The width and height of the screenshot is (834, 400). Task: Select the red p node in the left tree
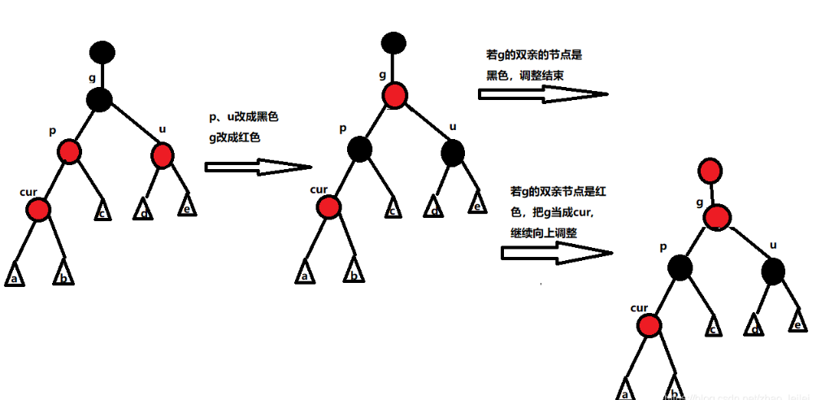point(69,152)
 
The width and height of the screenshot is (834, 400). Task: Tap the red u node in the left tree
point(162,154)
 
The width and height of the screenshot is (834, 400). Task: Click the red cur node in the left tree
point(37,210)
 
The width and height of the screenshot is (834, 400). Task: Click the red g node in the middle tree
point(394,95)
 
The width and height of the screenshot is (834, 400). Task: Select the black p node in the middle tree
point(358,149)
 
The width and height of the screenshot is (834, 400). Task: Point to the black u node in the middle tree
point(452,151)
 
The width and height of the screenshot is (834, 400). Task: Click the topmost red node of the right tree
point(710,172)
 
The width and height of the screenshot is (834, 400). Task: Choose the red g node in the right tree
point(717,217)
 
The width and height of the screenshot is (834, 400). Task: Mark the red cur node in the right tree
point(649,326)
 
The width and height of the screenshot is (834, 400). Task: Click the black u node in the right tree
point(773,271)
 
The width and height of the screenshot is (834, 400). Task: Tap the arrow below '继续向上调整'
point(556,253)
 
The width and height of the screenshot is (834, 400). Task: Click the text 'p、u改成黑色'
point(243,117)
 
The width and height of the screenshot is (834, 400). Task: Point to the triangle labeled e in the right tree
point(799,321)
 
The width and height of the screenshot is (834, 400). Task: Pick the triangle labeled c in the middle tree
point(392,208)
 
